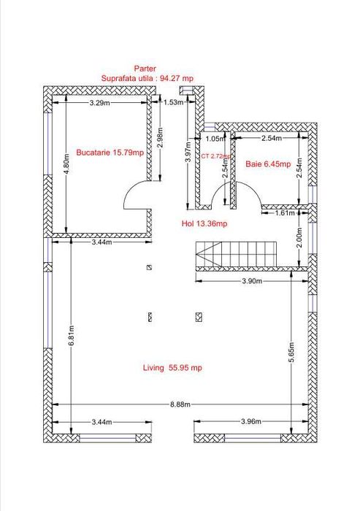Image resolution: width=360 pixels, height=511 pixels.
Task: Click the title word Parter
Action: click(145, 69)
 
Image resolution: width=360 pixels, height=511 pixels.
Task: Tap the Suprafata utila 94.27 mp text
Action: click(148, 78)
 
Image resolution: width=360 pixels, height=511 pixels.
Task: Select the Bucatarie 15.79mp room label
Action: click(110, 152)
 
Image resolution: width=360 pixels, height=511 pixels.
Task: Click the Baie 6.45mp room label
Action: click(268, 164)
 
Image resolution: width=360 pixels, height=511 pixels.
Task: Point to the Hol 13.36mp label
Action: click(204, 223)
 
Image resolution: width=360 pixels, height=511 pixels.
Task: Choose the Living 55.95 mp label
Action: click(172, 368)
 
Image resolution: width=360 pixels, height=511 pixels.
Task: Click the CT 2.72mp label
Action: click(216, 156)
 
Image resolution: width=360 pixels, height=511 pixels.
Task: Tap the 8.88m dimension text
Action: click(180, 404)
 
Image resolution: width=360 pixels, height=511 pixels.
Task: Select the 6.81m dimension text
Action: click(72, 336)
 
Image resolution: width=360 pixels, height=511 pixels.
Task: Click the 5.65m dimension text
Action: click(291, 352)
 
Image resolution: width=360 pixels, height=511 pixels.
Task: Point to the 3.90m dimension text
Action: click(252, 281)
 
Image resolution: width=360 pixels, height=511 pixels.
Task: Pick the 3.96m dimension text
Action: click(251, 421)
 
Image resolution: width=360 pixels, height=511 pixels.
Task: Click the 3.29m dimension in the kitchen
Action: click(100, 103)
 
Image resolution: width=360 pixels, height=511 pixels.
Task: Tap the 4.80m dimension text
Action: click(66, 164)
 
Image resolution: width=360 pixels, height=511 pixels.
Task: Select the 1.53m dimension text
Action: click(174, 102)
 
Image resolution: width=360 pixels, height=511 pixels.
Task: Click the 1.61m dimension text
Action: click(285, 213)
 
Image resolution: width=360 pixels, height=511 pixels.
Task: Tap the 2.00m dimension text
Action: click(299, 237)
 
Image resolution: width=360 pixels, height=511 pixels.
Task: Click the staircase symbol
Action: click(236, 254)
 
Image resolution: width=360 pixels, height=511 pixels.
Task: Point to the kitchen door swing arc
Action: click(129, 189)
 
